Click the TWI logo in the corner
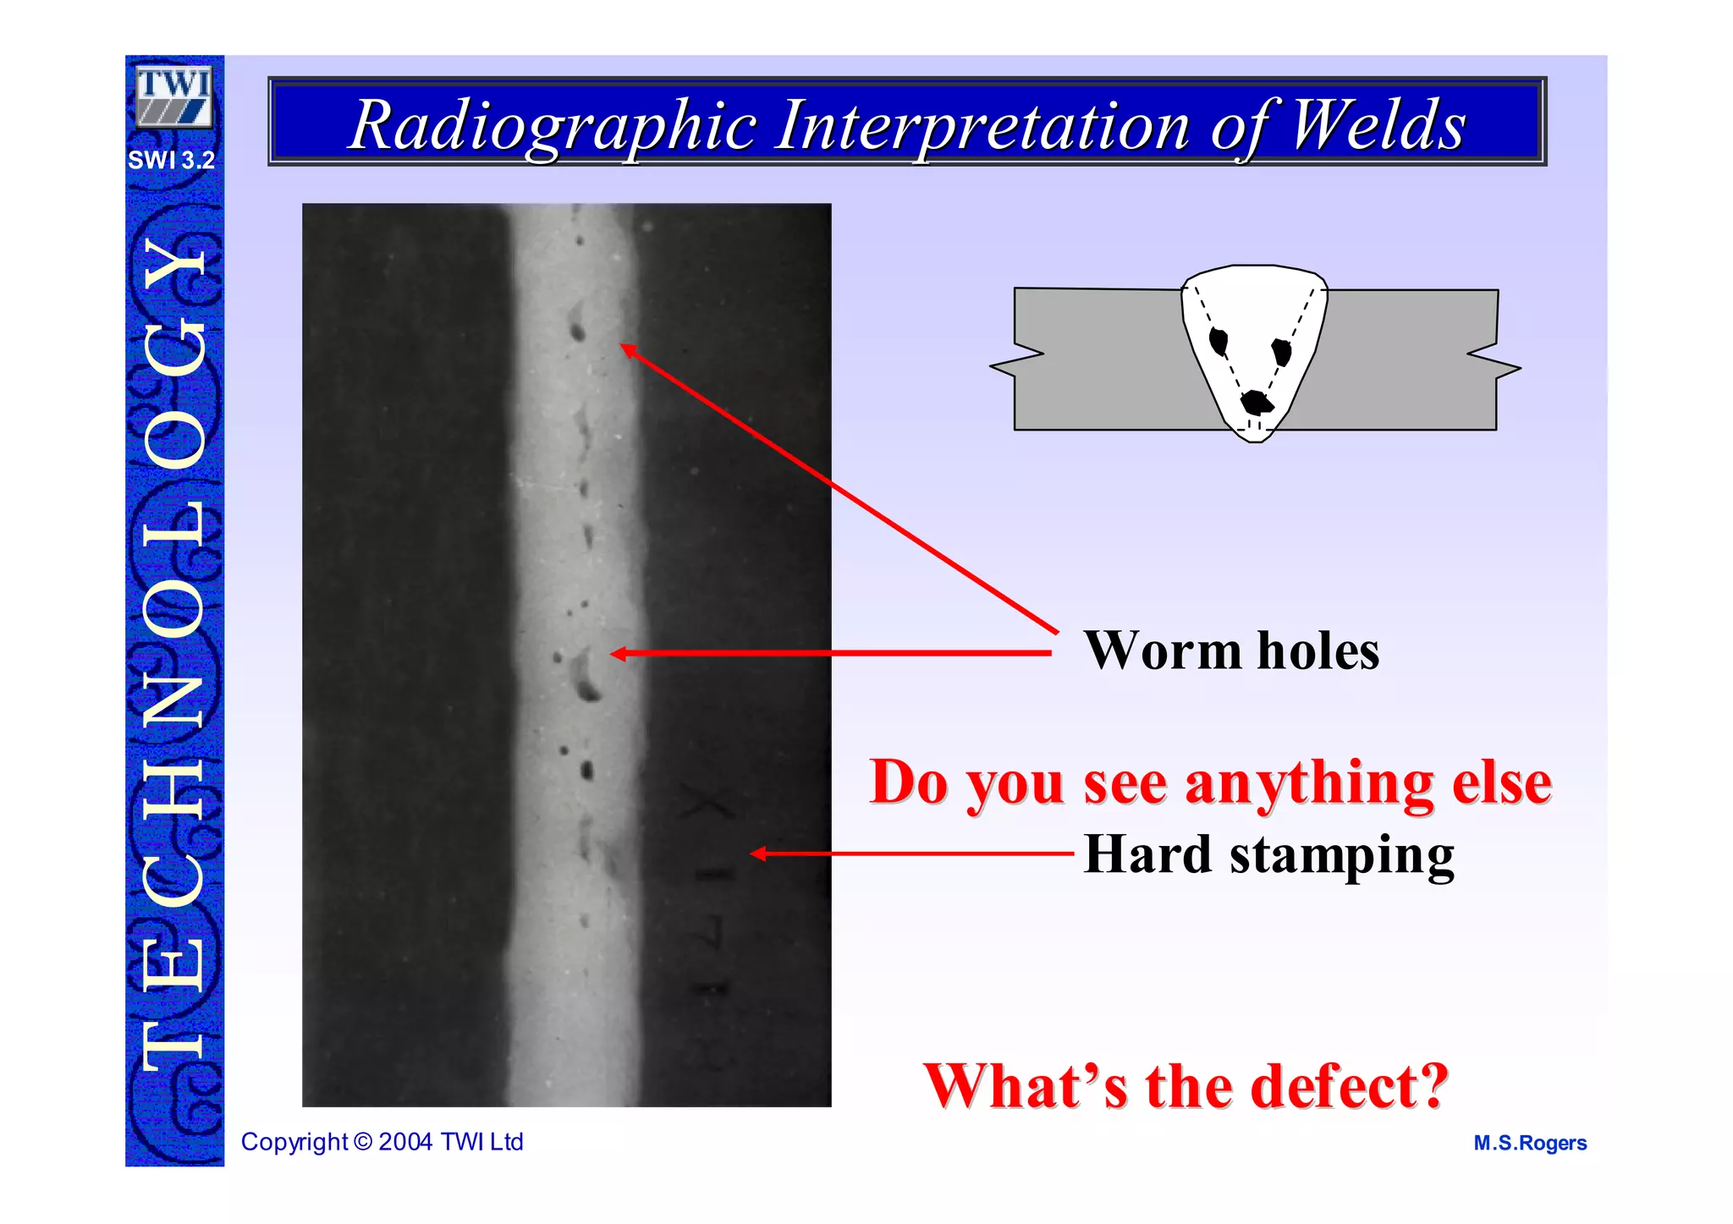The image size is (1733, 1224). coord(173,96)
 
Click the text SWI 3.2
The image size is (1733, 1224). coord(172,160)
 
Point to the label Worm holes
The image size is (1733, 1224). coord(1231,651)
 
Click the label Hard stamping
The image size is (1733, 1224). coord(1268,854)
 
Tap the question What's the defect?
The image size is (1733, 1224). coord(1186,1086)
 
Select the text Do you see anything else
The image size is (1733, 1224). coord(1210,782)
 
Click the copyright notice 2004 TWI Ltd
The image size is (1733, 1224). coord(382,1142)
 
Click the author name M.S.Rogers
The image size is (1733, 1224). coord(1530,1143)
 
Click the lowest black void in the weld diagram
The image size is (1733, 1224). coord(1257,403)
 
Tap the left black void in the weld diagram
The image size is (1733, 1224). coord(1219,342)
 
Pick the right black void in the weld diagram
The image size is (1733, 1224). coord(1282,351)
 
